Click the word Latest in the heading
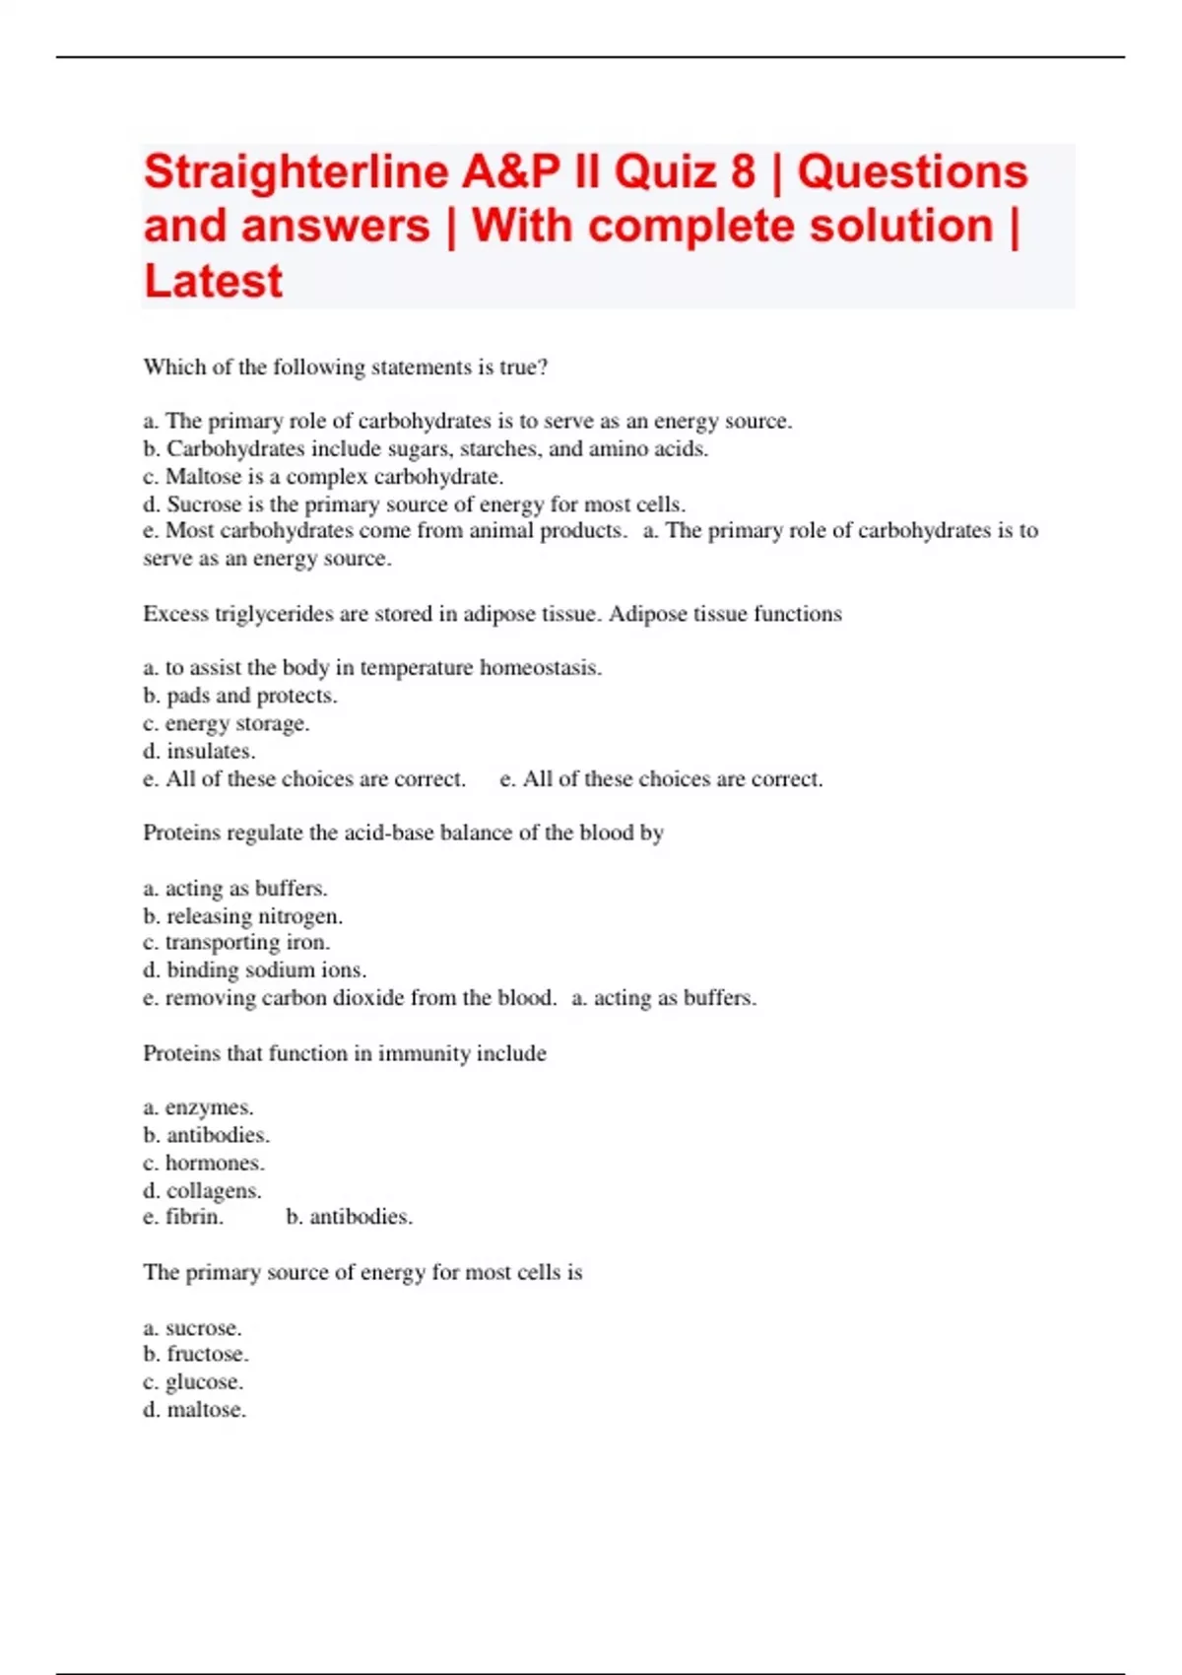pos(214,282)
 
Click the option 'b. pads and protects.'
pos(240,696)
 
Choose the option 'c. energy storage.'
pos(227,723)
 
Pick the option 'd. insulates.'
pos(199,751)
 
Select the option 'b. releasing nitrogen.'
pos(243,916)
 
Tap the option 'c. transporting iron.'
pos(236,943)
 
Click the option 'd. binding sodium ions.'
pos(255,971)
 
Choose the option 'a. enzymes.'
pos(198,1107)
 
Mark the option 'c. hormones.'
pos(204,1163)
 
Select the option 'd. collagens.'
pos(202,1190)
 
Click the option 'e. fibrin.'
pos(183,1217)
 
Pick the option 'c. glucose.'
pos(193,1382)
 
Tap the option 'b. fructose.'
pos(196,1355)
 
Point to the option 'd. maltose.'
pos(195,1410)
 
